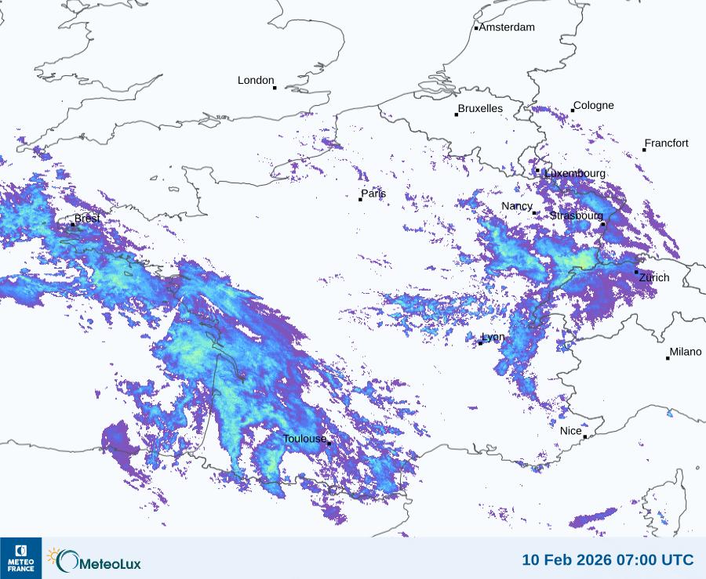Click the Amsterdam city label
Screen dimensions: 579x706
(x=507, y=27)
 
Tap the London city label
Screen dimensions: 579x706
(x=256, y=81)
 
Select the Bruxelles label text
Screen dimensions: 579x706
(x=480, y=109)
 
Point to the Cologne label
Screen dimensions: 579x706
(x=594, y=106)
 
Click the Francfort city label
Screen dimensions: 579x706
(x=667, y=143)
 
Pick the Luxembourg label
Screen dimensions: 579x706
(x=575, y=173)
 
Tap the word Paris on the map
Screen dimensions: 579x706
(x=373, y=194)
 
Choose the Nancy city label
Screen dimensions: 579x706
(x=517, y=206)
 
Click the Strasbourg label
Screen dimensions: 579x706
(x=576, y=215)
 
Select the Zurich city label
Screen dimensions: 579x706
(x=654, y=277)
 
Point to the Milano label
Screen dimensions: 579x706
(x=686, y=352)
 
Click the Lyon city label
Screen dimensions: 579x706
(x=493, y=337)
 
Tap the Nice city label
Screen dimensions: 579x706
(x=571, y=431)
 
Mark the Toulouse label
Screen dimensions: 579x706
(x=304, y=439)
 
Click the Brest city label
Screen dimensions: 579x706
(x=87, y=219)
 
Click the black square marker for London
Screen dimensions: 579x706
(x=275, y=88)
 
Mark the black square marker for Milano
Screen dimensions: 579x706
(x=668, y=358)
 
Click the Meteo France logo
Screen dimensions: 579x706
(x=20, y=558)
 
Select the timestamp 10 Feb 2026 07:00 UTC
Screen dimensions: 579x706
(x=608, y=560)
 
